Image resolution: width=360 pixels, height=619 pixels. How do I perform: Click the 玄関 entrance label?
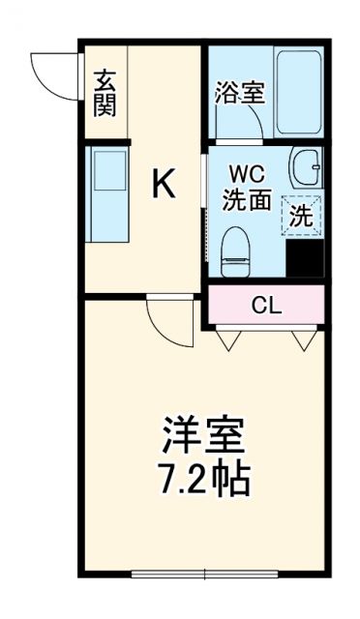105,93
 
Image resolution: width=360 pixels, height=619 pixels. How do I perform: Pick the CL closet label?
266,306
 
